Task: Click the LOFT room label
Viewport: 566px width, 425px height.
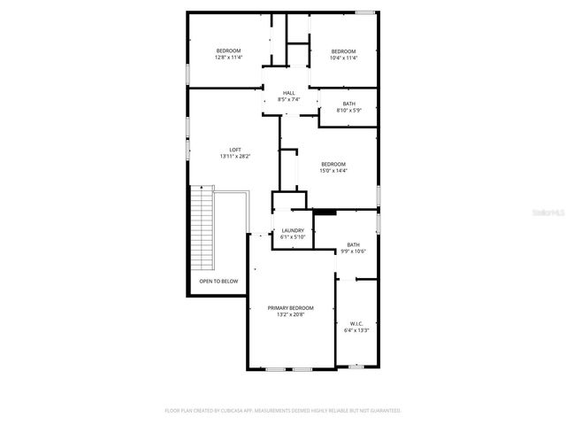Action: pos(235,150)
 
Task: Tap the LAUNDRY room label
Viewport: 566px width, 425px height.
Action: pos(293,230)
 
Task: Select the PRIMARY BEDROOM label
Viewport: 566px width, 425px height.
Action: pos(291,307)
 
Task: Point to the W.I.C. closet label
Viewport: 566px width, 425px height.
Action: pos(356,324)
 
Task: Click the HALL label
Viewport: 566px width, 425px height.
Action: pos(289,93)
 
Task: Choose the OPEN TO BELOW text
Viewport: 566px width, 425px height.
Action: pos(218,282)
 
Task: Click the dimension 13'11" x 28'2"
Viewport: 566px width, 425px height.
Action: pos(235,157)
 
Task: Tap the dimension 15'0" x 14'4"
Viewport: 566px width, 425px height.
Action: pos(333,171)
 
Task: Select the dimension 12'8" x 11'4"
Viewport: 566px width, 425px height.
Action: pos(229,58)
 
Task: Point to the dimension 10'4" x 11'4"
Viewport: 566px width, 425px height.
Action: pos(343,58)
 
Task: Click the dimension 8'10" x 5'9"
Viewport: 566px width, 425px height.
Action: pos(349,110)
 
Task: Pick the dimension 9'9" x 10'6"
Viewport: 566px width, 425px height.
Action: pos(354,251)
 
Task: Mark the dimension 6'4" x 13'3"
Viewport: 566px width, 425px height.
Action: pos(356,331)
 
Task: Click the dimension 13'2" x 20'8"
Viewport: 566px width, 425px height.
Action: pos(291,314)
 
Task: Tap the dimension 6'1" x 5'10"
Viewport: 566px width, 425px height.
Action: pos(293,236)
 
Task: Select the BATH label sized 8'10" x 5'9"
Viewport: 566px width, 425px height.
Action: pos(349,104)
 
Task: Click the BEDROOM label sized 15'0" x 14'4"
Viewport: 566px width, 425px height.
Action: pos(333,164)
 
